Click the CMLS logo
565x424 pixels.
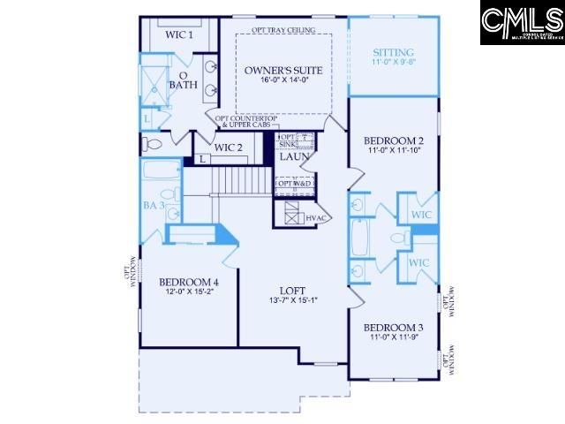click(522, 23)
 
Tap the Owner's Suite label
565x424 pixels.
click(283, 68)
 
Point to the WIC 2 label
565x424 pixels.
click(229, 147)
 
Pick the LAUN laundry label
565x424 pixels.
click(294, 157)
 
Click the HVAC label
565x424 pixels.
click(316, 217)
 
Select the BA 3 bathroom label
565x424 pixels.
click(154, 205)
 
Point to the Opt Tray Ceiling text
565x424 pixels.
click(282, 30)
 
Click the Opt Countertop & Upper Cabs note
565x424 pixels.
click(240, 121)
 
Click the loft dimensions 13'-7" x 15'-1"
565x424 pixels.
click(292, 299)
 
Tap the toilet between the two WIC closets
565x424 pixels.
click(398, 238)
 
